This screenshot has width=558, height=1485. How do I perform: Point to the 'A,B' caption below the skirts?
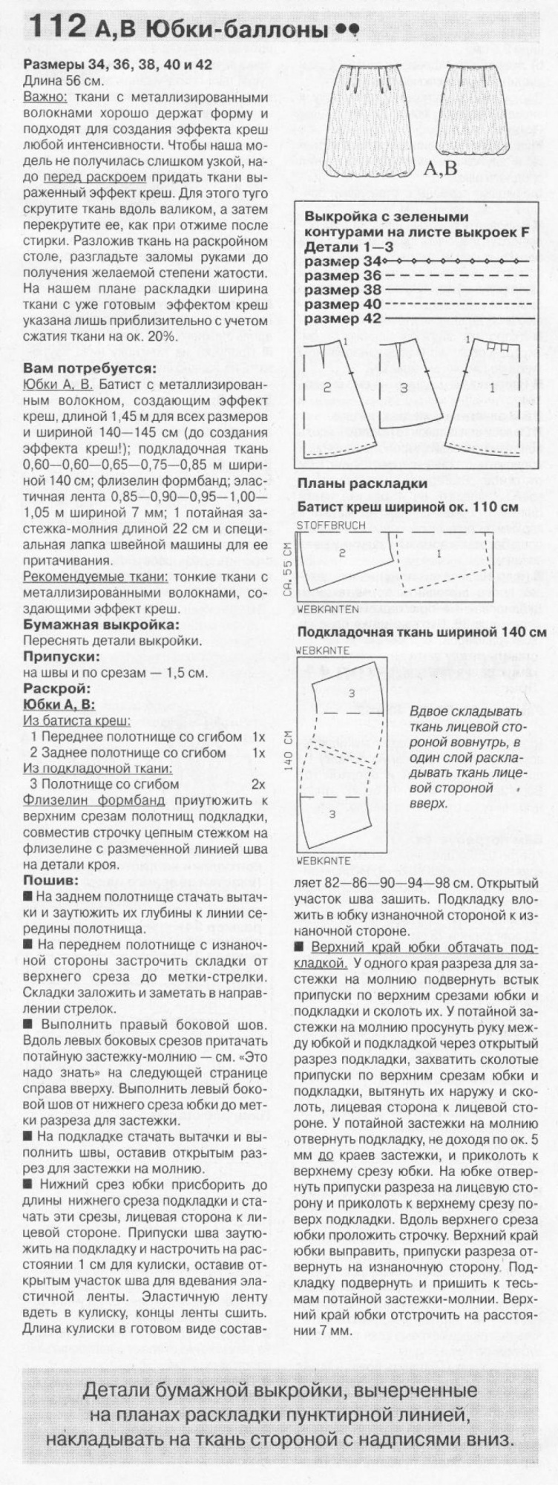point(442,169)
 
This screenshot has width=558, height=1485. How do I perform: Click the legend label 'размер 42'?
point(342,318)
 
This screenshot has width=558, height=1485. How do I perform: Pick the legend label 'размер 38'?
point(342,290)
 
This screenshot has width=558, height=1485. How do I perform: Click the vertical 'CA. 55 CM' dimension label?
point(288,569)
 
